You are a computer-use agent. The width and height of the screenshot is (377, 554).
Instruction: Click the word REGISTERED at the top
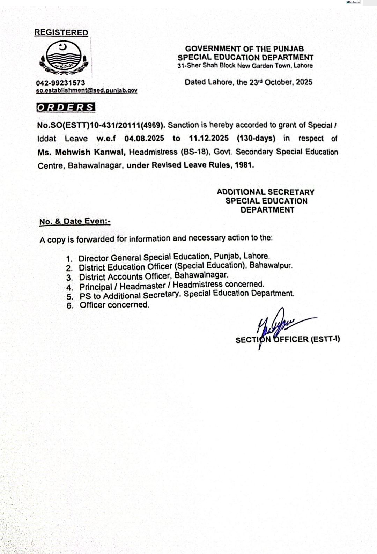coord(61,32)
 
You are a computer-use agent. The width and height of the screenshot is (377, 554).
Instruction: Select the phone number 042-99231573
coord(60,83)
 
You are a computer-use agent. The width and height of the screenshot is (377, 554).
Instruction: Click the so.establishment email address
coord(87,90)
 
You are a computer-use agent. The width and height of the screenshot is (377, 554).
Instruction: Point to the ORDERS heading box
coord(66,108)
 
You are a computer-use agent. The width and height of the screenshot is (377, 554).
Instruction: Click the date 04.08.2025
coord(144,138)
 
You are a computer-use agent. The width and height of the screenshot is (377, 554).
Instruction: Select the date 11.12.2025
coord(209,138)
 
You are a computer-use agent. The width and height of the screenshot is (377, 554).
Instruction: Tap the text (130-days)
coord(256,138)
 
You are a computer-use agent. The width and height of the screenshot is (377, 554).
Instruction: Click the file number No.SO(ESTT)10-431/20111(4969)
coord(101,125)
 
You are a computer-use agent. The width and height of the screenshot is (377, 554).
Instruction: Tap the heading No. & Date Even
coord(75,221)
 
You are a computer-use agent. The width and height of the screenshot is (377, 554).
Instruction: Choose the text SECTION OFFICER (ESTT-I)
coord(288,339)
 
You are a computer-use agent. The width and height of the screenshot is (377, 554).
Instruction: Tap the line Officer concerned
coord(114,305)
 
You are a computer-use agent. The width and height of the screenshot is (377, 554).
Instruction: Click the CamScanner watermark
coord(353,2)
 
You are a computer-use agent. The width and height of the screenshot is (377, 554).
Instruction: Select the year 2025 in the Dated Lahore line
coord(304,82)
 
